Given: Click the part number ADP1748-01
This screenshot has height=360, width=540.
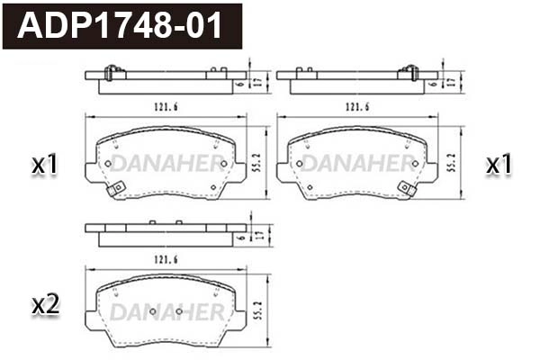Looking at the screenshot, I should pyautogui.click(x=121, y=25).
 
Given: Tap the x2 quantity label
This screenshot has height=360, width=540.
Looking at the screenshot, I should pyautogui.click(x=45, y=305).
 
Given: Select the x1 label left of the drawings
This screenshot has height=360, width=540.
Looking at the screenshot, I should pyautogui.click(x=45, y=165).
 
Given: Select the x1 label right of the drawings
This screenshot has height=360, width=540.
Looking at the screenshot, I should pyautogui.click(x=499, y=165).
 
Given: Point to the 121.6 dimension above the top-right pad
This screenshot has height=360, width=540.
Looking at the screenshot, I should pyautogui.click(x=358, y=106).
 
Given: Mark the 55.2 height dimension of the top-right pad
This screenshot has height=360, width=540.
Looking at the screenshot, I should pyautogui.click(x=452, y=163).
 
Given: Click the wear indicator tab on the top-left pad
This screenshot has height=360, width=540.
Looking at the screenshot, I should pyautogui.click(x=114, y=190).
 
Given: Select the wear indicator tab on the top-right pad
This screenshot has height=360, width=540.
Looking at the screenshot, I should pyautogui.click(x=407, y=190).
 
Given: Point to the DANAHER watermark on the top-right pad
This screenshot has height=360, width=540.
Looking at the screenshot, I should pyautogui.click(x=358, y=163).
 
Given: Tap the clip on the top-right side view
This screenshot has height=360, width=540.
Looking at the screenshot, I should pyautogui.click(x=410, y=73).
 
